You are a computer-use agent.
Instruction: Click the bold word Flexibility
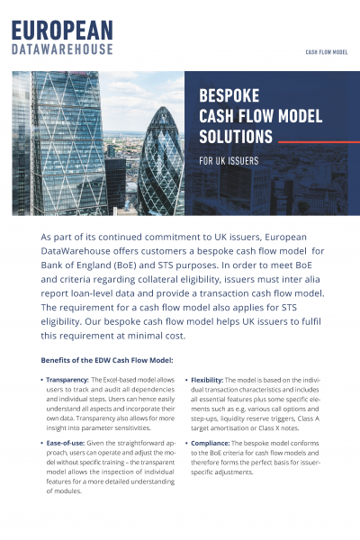[211, 381]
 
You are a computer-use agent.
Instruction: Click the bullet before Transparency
[42, 381]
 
